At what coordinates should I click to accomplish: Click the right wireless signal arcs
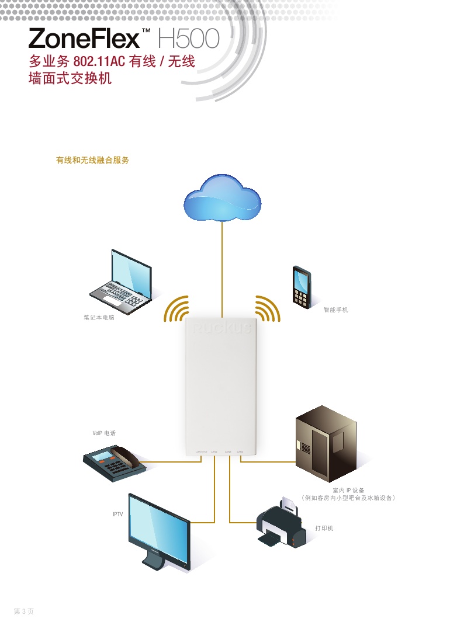[x=266, y=309]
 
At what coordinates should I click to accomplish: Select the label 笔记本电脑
[x=99, y=319]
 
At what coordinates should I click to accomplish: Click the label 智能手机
[x=336, y=310]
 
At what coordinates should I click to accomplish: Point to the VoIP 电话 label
[x=104, y=433]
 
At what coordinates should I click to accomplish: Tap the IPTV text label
[x=117, y=515]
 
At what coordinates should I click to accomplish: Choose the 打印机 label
[x=324, y=528]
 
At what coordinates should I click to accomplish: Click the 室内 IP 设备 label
[x=348, y=491]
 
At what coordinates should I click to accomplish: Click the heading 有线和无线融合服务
[x=92, y=160]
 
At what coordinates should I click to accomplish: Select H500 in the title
[x=188, y=39]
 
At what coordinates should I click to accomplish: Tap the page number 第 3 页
[x=24, y=611]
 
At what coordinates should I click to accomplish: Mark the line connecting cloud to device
[x=222, y=269]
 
